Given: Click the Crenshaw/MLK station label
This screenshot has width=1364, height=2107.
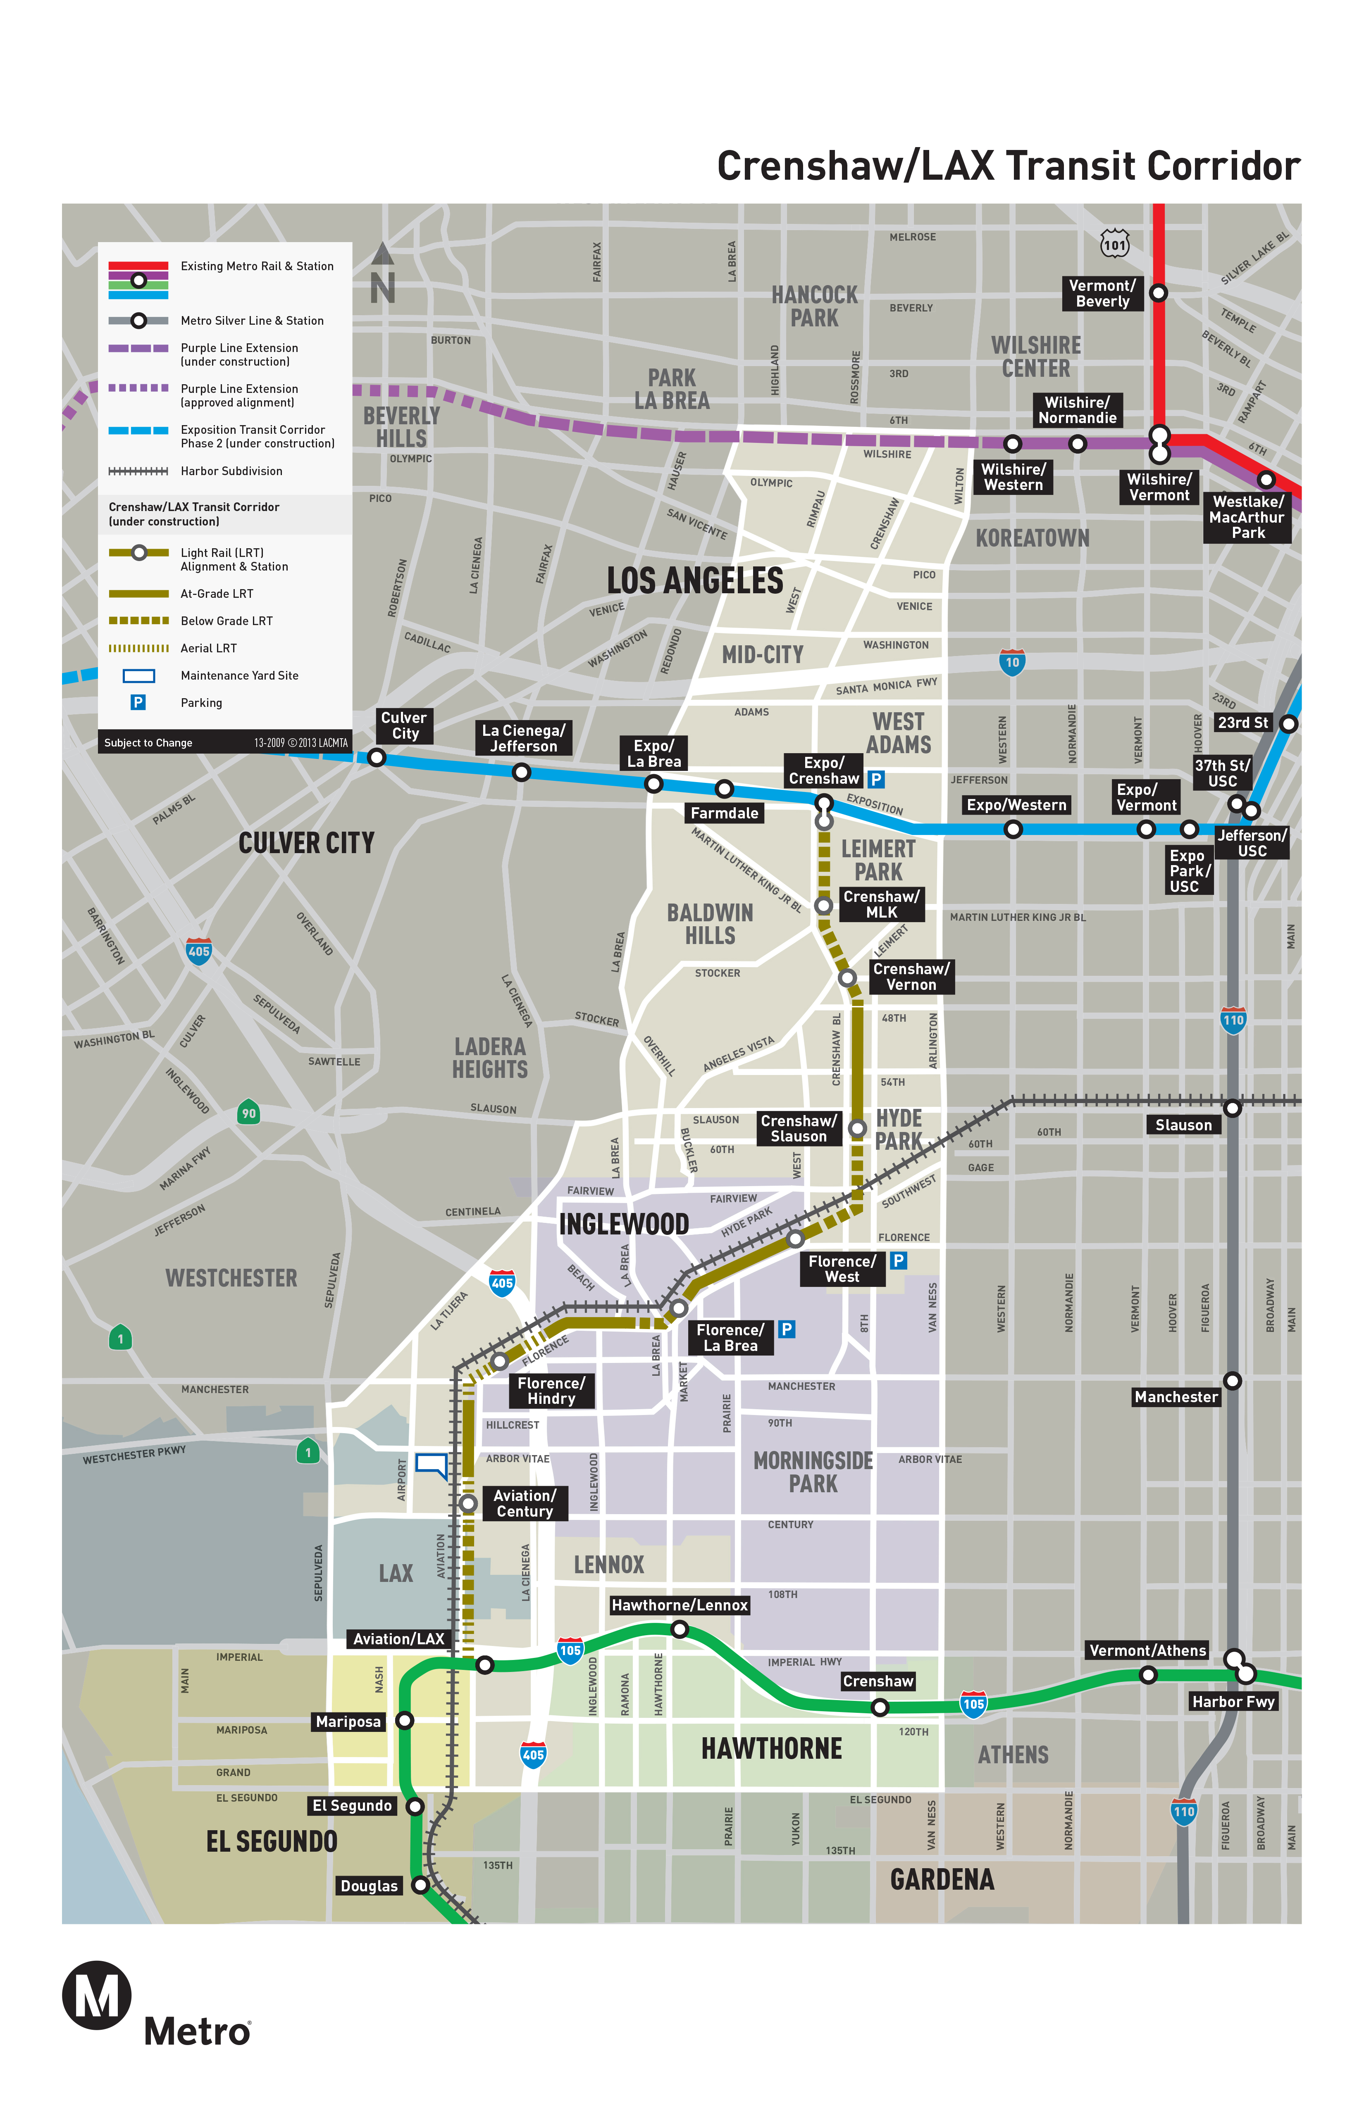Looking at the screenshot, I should pyautogui.click(x=881, y=904).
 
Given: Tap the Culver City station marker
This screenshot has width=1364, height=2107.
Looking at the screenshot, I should pyautogui.click(x=377, y=757).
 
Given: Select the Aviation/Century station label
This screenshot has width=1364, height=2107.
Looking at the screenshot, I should pyautogui.click(x=525, y=1503).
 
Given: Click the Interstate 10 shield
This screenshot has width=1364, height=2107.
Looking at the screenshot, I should pyautogui.click(x=1011, y=662).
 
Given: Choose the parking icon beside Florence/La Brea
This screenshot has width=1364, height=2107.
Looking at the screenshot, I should pyautogui.click(x=786, y=1329).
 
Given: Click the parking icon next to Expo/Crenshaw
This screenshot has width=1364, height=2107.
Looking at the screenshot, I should pyautogui.click(x=876, y=779).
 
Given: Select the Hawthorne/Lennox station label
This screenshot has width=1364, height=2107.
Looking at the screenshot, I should pyautogui.click(x=680, y=1605).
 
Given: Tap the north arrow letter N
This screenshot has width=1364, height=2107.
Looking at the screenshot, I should pyautogui.click(x=383, y=288).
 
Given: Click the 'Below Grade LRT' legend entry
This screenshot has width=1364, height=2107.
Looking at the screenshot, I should pyautogui.click(x=226, y=621).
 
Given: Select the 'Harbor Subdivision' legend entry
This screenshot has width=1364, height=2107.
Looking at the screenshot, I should pyautogui.click(x=231, y=471).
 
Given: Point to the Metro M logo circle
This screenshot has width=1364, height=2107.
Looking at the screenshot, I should pyautogui.click(x=97, y=1995).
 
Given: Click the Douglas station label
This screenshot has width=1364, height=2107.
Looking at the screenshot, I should pyautogui.click(x=370, y=1886).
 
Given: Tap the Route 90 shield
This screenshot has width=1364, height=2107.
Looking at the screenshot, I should pyautogui.click(x=249, y=1113).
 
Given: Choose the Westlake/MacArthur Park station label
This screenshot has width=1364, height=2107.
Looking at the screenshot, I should pyautogui.click(x=1247, y=517).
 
